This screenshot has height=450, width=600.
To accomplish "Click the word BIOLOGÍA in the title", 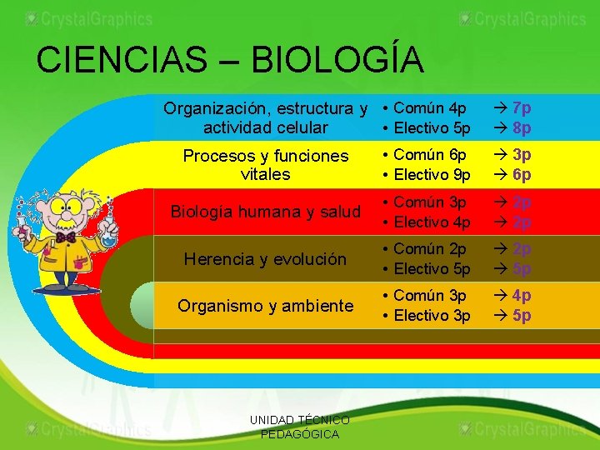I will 337,60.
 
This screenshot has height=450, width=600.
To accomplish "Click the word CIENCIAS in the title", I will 121,60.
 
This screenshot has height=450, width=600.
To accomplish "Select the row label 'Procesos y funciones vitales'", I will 265,165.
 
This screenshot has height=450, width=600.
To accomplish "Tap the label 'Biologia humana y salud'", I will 265,212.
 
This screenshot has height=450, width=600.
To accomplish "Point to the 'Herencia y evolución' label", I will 265,259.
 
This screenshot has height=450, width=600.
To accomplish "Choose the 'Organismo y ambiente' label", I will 265,306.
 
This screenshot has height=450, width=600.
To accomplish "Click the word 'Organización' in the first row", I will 211,108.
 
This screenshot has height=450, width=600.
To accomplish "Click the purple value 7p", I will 522,108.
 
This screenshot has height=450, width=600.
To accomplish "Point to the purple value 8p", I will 522,128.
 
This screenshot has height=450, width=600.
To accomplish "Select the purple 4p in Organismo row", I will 522,296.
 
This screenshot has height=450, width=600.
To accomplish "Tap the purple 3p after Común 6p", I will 522,155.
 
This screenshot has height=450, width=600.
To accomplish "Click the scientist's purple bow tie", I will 66,237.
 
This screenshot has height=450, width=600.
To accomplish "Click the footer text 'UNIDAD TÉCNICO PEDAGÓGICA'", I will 300,427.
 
